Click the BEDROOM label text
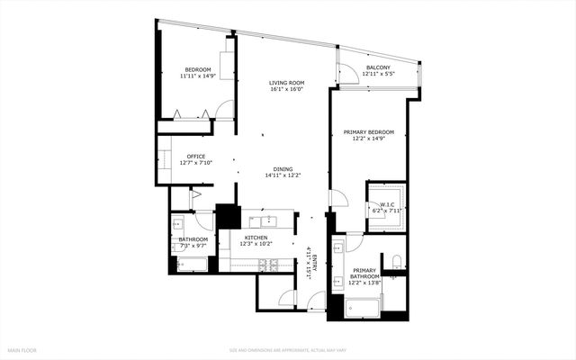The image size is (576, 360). click(x=198, y=70)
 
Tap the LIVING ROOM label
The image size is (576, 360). click(x=286, y=82)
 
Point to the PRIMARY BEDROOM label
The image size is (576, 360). click(x=369, y=132)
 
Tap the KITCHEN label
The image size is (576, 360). click(x=256, y=238)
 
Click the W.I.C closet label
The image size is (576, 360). click(x=388, y=204)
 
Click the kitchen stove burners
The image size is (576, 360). click(x=266, y=265)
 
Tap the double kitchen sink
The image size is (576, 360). click(x=266, y=220)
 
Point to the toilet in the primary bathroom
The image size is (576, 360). click(x=396, y=264)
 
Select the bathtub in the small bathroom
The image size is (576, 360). click(x=192, y=265)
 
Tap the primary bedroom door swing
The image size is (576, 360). click(x=337, y=201)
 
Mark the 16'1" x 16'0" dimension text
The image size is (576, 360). click(x=286, y=89)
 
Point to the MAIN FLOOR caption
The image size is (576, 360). click(x=22, y=350)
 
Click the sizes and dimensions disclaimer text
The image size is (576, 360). click(x=287, y=350)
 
